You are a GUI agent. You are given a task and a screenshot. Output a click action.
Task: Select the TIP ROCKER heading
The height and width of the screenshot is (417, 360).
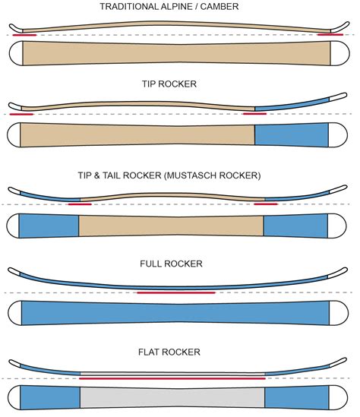click(x=179, y=84)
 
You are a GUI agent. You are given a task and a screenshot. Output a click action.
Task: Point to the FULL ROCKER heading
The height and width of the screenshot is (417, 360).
click(x=179, y=264)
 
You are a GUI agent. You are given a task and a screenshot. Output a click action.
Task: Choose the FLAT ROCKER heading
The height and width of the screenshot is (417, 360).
click(x=179, y=352)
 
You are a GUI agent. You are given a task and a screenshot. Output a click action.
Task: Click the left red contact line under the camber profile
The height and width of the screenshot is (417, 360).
click(x=23, y=35)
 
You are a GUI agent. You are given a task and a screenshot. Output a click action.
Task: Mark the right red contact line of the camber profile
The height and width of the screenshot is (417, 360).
click(x=330, y=34)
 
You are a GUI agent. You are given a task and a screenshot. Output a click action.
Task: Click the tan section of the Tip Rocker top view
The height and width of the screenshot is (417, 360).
click(x=137, y=134)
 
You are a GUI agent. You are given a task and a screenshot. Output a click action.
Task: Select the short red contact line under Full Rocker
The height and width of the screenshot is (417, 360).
click(x=176, y=292)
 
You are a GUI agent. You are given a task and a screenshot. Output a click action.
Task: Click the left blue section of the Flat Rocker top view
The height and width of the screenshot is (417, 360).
click(x=50, y=397)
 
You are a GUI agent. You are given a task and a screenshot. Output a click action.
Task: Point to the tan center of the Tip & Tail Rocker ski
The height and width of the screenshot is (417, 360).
click(x=172, y=226)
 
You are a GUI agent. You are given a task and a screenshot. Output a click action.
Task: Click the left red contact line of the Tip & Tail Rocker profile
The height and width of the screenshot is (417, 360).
click(x=79, y=204)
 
